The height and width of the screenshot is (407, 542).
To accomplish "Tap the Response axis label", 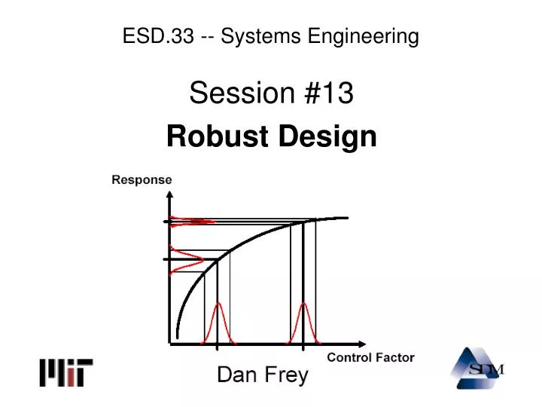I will point(142,180).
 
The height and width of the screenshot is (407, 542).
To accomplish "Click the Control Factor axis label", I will point(370,357).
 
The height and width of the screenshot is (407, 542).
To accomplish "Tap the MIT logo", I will point(66,372).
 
